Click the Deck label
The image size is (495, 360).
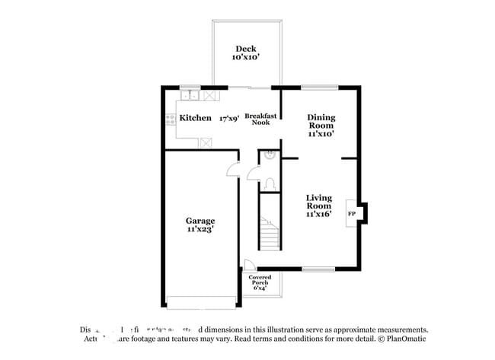[x=245, y=49]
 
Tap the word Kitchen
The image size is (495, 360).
[x=195, y=118]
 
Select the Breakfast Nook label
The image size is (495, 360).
[x=258, y=119]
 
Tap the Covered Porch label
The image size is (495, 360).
[x=260, y=281]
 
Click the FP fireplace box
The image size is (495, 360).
[x=352, y=215]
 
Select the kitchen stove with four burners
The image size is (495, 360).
[x=170, y=119]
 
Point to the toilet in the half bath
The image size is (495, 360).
[x=268, y=183]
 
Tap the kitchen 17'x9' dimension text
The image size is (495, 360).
[x=229, y=119]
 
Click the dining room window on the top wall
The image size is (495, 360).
[x=319, y=87]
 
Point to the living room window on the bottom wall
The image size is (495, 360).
[x=318, y=269]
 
